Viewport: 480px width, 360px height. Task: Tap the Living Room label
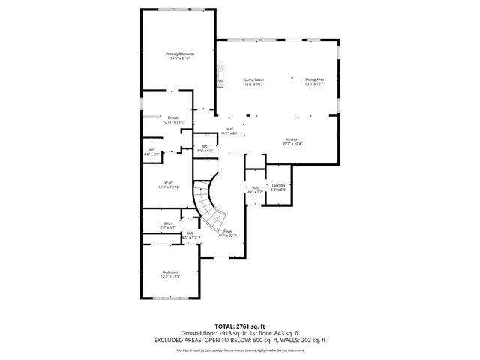click(254, 79)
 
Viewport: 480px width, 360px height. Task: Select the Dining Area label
click(314, 79)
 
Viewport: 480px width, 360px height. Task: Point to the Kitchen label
click(292, 139)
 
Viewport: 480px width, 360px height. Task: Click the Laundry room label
click(278, 185)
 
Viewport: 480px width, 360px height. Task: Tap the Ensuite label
click(173, 118)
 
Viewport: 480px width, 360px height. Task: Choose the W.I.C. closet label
click(169, 183)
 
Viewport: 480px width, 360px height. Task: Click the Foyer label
click(228, 231)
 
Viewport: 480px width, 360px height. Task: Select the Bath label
click(168, 223)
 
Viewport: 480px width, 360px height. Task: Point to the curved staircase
click(206, 202)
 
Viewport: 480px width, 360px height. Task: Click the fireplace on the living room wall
click(219, 75)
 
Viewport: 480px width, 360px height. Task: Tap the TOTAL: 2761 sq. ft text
click(239, 326)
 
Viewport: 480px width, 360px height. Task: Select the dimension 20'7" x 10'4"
click(292, 144)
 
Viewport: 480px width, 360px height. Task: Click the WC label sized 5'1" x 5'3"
click(205, 146)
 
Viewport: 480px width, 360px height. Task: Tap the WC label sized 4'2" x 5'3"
click(151, 150)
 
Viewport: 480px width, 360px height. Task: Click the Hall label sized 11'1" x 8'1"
click(230, 129)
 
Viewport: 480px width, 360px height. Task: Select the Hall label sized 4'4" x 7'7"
click(255, 187)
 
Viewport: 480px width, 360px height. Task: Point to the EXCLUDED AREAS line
click(239, 340)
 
